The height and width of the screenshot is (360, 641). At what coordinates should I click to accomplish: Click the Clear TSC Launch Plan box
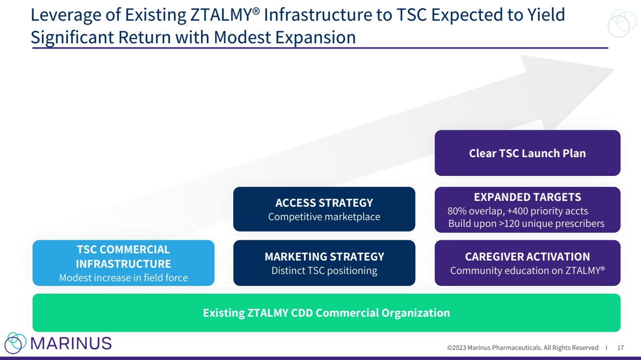[528, 153]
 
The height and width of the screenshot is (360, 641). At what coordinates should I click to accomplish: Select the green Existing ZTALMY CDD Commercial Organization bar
[327, 312]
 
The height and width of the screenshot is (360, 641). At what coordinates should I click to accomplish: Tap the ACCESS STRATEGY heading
[324, 203]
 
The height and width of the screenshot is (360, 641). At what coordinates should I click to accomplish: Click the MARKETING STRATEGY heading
[324, 257]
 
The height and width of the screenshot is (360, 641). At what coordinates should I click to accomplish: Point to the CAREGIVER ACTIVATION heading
[528, 257]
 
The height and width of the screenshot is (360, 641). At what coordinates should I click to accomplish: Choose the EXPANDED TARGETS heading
[528, 197]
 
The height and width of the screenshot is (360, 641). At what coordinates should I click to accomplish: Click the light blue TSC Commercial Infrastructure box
[123, 263]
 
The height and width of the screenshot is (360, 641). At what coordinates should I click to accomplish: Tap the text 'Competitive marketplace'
[324, 217]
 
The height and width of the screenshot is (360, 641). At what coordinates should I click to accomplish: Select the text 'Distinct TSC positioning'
[324, 271]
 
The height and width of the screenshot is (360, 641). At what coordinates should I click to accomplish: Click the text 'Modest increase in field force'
[123, 278]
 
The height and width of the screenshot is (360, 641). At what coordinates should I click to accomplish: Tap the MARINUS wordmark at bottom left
[71, 343]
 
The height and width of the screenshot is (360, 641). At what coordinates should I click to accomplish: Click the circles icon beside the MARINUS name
[15, 343]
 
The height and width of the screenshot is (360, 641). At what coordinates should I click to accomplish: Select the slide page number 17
[620, 348]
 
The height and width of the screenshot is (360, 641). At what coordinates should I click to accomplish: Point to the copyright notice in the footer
[523, 348]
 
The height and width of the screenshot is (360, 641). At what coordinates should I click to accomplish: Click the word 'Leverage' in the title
[66, 15]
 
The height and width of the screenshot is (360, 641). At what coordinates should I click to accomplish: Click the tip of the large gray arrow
[615, 69]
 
